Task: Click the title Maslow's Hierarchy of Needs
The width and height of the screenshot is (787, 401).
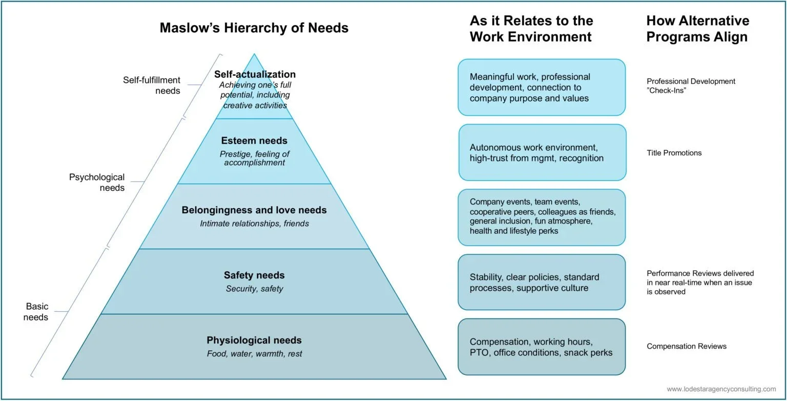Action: click(x=254, y=28)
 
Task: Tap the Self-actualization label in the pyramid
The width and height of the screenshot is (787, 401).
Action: click(x=255, y=74)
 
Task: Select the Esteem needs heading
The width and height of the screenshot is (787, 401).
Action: click(x=254, y=141)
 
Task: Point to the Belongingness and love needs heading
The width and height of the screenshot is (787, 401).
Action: click(x=254, y=210)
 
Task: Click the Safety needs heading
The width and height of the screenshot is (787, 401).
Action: click(x=254, y=275)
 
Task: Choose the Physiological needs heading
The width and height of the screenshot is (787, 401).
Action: click(x=254, y=340)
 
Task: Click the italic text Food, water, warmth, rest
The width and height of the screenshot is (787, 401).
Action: click(x=254, y=354)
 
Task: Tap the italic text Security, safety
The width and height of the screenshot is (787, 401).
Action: click(x=254, y=289)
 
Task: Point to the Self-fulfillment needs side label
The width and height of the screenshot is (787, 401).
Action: click(x=152, y=85)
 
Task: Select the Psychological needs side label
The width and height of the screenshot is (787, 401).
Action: click(x=97, y=182)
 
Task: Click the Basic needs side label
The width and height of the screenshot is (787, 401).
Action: click(x=37, y=311)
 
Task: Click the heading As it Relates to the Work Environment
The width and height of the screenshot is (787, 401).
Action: click(x=531, y=29)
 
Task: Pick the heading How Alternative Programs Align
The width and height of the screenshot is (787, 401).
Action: click(x=697, y=29)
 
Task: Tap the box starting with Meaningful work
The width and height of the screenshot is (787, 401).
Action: click(x=541, y=87)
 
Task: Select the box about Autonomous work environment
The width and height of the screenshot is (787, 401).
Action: click(x=542, y=152)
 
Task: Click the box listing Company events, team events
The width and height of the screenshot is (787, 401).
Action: click(x=541, y=217)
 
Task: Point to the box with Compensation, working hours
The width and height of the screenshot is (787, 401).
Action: click(x=541, y=347)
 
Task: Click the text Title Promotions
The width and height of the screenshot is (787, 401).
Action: click(x=674, y=153)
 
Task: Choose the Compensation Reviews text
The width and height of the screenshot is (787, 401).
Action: click(x=686, y=346)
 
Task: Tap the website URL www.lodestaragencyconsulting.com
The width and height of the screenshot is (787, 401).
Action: click(x=721, y=389)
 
